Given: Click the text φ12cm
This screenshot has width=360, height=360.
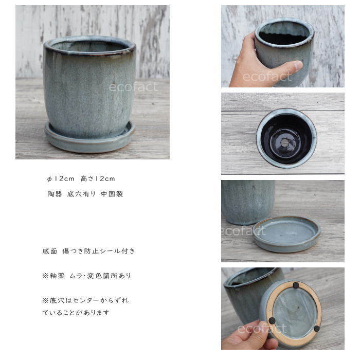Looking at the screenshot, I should point(61,179).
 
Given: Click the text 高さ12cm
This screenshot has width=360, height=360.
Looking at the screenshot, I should point(98,179).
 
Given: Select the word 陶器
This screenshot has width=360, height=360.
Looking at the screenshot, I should point(55,194).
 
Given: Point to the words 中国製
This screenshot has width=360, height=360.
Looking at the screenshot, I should point(112,194).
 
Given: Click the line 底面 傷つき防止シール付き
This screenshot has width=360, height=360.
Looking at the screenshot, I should point(88,251).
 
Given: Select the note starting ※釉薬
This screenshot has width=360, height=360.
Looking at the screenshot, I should point(86,276).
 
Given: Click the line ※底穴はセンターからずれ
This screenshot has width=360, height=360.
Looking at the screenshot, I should point(85,300).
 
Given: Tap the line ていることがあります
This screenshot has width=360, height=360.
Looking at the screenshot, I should point(76,313).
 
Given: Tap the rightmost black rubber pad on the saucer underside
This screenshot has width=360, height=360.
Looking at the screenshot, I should point(316,328).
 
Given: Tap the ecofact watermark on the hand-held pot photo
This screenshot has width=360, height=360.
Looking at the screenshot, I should point(267,77).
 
